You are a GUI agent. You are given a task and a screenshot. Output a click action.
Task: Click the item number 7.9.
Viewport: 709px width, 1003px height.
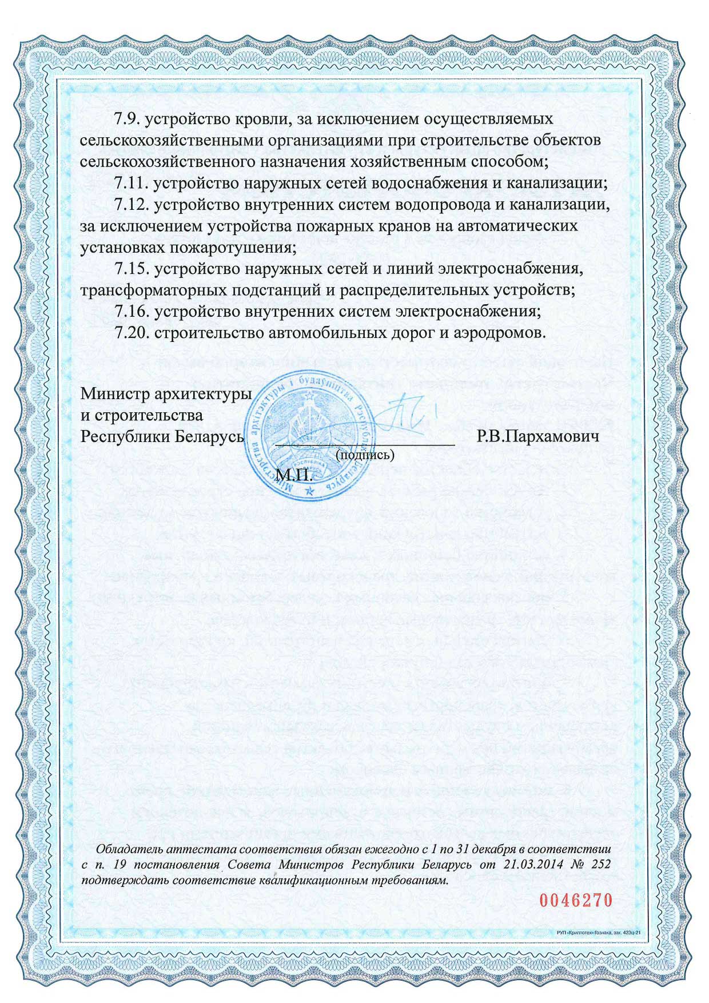pos(126,119)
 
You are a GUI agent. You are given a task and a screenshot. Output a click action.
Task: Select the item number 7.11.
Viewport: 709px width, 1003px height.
pos(131,184)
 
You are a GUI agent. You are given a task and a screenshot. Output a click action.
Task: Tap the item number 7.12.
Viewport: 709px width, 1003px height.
pos(131,205)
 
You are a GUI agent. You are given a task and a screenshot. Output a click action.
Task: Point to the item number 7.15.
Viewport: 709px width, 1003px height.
pos(131,269)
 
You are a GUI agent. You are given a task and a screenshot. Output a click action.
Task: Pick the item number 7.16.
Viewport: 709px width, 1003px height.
pos(131,312)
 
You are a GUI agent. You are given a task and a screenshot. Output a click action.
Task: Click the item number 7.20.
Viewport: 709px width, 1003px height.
pos(131,333)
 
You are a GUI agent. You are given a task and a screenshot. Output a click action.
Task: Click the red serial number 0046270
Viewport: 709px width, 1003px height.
pos(576,900)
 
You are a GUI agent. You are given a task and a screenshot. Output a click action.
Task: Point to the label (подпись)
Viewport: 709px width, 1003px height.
pos(365,455)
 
